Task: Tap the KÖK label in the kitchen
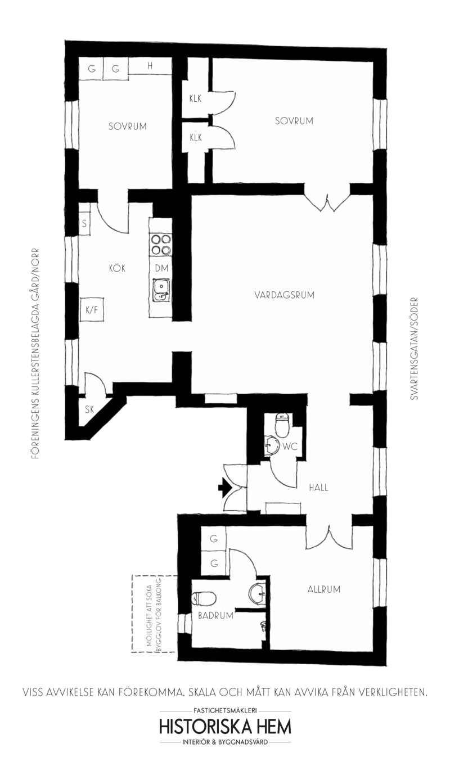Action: (x=117, y=268)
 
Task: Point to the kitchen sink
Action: (x=161, y=291)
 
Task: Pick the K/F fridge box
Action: (x=92, y=310)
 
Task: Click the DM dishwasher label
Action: (x=161, y=268)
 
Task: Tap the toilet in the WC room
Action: (x=282, y=424)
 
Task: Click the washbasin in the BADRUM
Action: (x=258, y=593)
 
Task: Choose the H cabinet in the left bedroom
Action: (x=150, y=66)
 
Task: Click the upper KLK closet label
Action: (x=195, y=98)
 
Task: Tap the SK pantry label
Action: (x=89, y=409)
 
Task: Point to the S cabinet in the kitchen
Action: (x=84, y=223)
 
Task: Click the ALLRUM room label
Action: (x=324, y=589)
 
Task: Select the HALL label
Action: (x=318, y=488)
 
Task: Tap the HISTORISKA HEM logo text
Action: (x=226, y=727)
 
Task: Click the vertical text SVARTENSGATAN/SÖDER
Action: (x=415, y=349)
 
